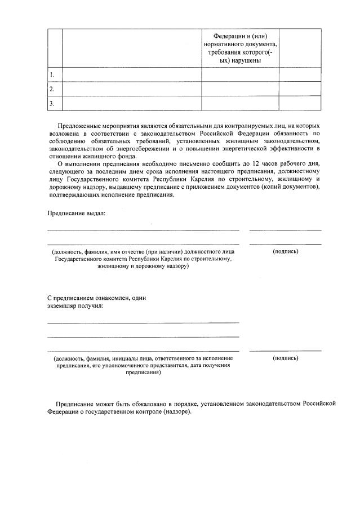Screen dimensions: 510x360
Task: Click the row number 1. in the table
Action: click(52, 75)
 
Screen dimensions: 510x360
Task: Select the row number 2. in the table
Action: click(52, 89)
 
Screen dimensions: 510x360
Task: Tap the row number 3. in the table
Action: click(52, 103)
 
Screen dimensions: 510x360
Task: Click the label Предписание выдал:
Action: click(75, 213)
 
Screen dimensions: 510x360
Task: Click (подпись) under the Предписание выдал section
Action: click(285, 251)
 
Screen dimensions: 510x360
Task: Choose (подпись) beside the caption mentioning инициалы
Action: click(285, 358)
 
